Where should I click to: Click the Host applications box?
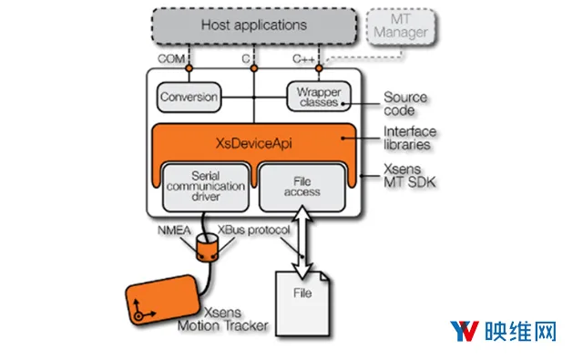[x=254, y=26]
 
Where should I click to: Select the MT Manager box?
[x=401, y=26]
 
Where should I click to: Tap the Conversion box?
[x=189, y=98]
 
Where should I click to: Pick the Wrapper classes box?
[x=319, y=97]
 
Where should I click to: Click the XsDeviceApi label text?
[x=254, y=143]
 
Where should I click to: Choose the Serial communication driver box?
[x=206, y=187]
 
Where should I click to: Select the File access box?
[x=302, y=187]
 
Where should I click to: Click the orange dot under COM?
[x=189, y=68]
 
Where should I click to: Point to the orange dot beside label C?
[x=254, y=68]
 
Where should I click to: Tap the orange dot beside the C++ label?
[x=319, y=68]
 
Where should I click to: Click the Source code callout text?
[x=405, y=104]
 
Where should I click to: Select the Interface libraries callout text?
[x=410, y=138]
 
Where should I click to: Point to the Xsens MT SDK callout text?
[x=409, y=176]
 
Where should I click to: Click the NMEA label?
[x=174, y=231]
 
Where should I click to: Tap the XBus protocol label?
[x=253, y=230]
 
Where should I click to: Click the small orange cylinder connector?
[x=207, y=248]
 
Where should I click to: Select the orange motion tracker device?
[x=163, y=300]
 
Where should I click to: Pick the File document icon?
[x=302, y=303]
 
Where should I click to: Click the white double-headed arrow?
[x=302, y=242]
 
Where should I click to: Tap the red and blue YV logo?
[x=465, y=331]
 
